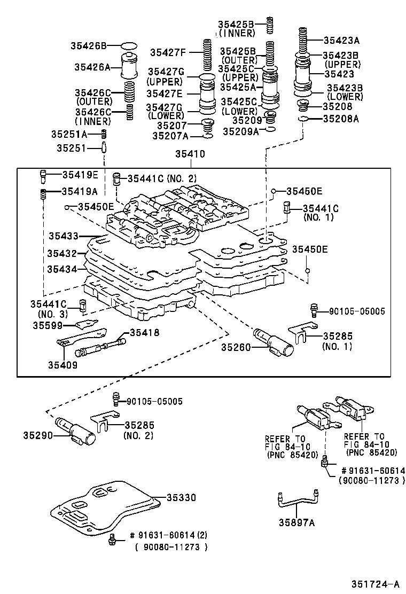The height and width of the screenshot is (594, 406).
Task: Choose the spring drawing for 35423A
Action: (303, 40)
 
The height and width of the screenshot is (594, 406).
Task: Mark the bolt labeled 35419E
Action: (44, 175)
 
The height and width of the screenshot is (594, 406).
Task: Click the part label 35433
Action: (63, 235)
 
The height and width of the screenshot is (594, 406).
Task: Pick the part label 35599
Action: (47, 325)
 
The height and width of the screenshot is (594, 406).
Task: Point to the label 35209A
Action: (240, 131)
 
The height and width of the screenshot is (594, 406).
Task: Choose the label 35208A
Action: (341, 119)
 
